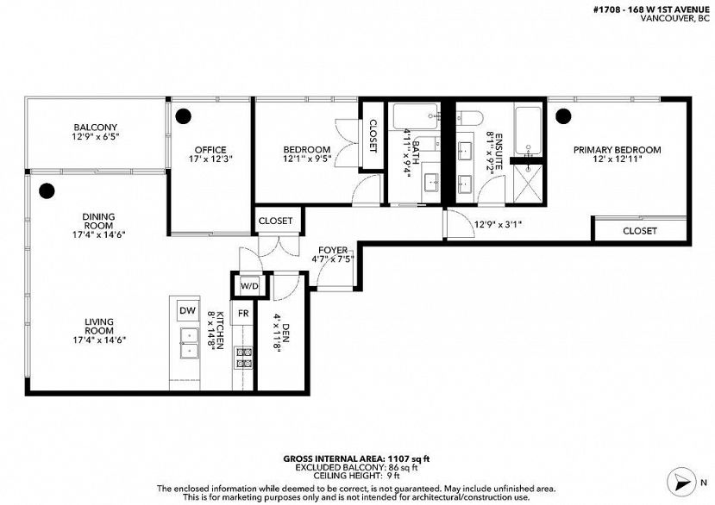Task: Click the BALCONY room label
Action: coord(95,128)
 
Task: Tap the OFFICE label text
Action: coord(210,150)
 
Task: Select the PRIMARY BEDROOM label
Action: coord(617,150)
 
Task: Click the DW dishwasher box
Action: coord(187,311)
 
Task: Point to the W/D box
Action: coord(249,286)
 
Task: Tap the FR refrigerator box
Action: coord(243,314)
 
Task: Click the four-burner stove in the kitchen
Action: coord(243,358)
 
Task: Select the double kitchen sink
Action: coord(190,343)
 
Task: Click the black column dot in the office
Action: coord(184,116)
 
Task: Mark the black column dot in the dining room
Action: coord(47,191)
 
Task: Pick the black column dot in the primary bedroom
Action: coord(563,116)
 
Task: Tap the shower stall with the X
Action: coord(529,184)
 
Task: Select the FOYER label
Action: coord(333,250)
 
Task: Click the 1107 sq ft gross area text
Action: coord(409,459)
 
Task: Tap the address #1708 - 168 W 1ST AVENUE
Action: coord(652,9)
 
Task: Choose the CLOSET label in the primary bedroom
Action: coord(640,231)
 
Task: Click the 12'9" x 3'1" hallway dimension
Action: coord(498,224)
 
